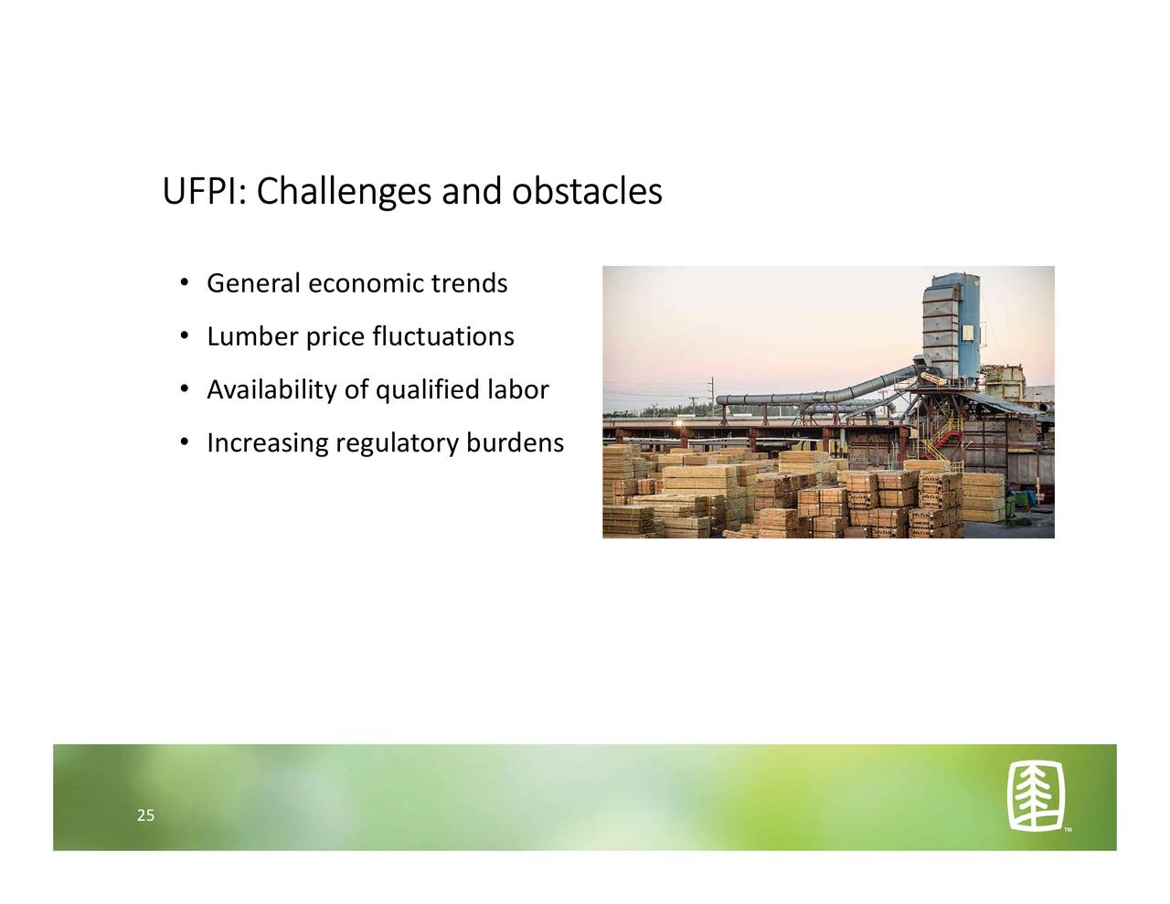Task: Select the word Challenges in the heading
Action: pyautogui.click(x=344, y=193)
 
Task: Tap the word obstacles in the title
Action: pyautogui.click(x=587, y=191)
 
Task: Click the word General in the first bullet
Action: pyautogui.click(x=253, y=283)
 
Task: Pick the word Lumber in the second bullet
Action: pyautogui.click(x=252, y=336)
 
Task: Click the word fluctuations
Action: pyautogui.click(x=443, y=336)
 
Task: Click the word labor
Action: pyautogui.click(x=518, y=389)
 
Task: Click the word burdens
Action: pyautogui.click(x=516, y=443)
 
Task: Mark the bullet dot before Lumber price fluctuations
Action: pyautogui.click(x=185, y=336)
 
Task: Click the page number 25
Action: pyautogui.click(x=146, y=815)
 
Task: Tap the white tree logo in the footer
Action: pyautogui.click(x=1036, y=796)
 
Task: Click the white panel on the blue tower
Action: pyautogui.click(x=968, y=333)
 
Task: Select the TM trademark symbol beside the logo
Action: pyautogui.click(x=1068, y=830)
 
